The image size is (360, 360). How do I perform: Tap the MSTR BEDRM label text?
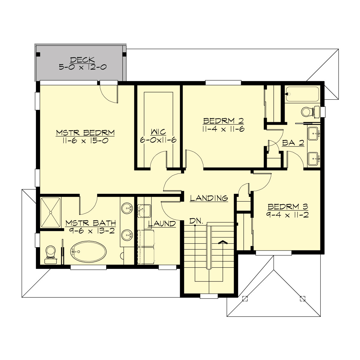click(x=85, y=133)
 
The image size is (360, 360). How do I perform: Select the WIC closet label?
click(x=158, y=132)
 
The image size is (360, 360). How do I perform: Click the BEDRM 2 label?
click(x=223, y=121)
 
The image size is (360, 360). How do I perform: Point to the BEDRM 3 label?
click(x=288, y=207)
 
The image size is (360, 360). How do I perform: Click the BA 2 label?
click(x=293, y=143)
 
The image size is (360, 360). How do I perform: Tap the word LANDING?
click(x=209, y=198)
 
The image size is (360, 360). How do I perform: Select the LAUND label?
click(x=162, y=224)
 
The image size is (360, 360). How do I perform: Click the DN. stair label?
click(x=196, y=221)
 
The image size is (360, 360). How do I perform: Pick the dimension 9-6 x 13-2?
click(x=91, y=231)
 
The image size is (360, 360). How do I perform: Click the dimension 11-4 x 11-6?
click(x=223, y=129)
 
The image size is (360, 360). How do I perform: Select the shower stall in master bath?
click(x=50, y=212)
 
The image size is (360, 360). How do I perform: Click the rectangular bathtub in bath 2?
click(x=302, y=94)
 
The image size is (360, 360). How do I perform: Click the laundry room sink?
click(x=144, y=210)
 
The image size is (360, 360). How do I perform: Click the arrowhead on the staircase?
click(x=222, y=242)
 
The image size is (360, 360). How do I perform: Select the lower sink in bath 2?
click(x=313, y=158)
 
